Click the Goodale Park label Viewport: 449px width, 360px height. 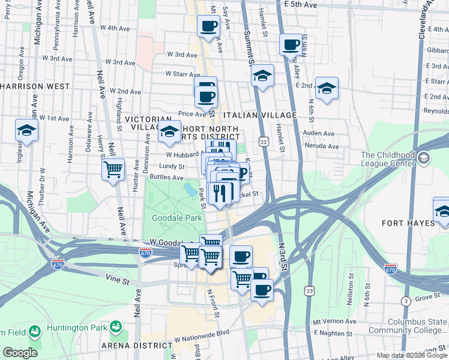coord(176,218)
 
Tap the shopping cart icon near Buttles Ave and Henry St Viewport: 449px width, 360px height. coord(113,170)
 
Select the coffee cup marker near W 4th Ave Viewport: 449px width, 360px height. coord(208,27)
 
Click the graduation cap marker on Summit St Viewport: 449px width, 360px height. coord(262,76)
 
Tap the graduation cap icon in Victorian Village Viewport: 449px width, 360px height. coord(170,131)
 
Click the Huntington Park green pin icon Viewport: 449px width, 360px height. coord(115,328)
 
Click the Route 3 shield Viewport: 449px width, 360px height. coord(407,300)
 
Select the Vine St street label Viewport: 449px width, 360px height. coord(117,280)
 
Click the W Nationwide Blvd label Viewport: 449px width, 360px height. coord(202,331)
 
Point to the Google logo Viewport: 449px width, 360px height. coord(20,353)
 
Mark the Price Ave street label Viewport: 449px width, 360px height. coord(192,113)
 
